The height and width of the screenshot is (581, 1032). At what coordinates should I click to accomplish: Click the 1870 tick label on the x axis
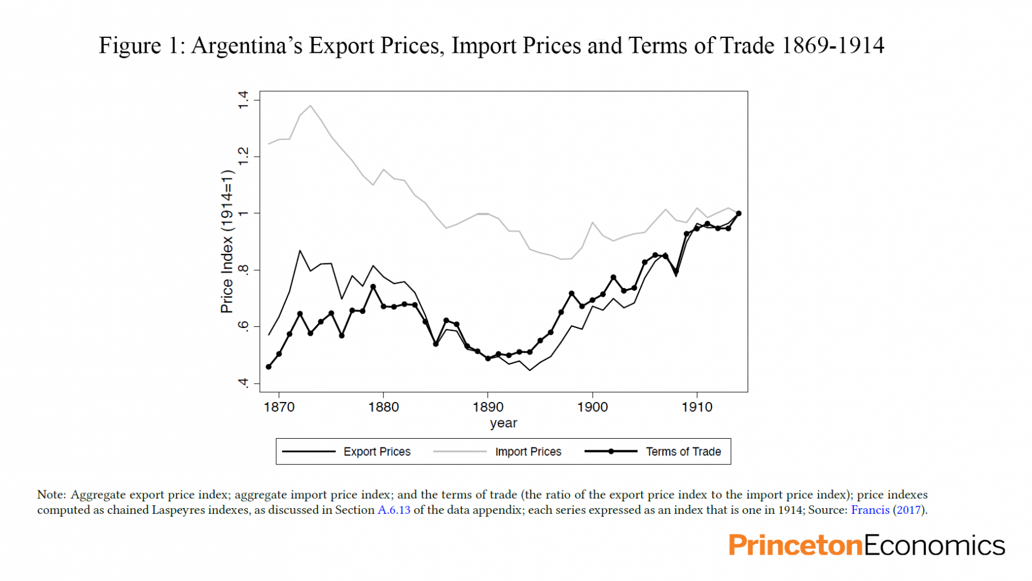(279, 407)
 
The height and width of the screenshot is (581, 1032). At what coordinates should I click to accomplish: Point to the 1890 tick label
(488, 407)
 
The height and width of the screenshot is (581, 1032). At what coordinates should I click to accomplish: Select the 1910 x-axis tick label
(697, 407)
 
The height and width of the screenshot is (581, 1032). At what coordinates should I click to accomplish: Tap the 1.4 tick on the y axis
(244, 100)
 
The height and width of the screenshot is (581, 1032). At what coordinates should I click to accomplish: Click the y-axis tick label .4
(244, 383)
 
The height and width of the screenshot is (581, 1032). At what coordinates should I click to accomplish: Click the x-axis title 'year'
(503, 423)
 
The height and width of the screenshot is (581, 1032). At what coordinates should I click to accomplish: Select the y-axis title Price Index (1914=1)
(227, 241)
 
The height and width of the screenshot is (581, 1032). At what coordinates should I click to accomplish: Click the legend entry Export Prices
(377, 452)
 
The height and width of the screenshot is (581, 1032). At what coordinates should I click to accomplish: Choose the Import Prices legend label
(528, 452)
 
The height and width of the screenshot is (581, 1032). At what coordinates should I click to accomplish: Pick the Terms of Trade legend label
(683, 452)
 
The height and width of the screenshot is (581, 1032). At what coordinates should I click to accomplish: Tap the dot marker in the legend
(611, 451)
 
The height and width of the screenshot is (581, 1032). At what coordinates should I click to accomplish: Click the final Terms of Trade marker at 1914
(738, 213)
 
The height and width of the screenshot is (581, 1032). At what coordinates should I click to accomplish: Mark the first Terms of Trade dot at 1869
(268, 366)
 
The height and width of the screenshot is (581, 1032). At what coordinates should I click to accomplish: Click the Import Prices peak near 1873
(311, 106)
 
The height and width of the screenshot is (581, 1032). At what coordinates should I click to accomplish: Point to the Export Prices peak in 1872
(300, 251)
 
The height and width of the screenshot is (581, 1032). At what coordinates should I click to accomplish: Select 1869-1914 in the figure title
(832, 46)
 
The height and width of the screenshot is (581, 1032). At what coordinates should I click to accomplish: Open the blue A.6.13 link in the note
(394, 510)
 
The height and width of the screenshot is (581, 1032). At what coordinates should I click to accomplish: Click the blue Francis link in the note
(870, 510)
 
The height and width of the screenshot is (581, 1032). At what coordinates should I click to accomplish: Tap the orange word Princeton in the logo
(795, 545)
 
